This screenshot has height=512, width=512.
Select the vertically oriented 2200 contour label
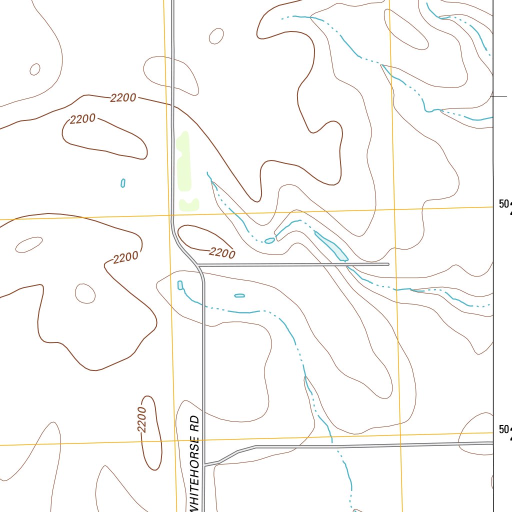[x=142, y=419]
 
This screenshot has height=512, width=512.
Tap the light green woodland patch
[x=184, y=170]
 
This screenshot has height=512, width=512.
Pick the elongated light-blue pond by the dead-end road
[x=330, y=245]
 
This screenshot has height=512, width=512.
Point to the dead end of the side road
[x=388, y=264]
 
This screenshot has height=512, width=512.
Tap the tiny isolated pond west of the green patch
[x=123, y=183]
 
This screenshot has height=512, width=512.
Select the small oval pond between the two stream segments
[x=269, y=240]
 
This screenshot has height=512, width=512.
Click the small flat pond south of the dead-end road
[x=239, y=295]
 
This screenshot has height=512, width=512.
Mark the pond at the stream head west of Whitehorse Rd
[x=180, y=285]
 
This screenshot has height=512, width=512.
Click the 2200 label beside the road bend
[x=222, y=253]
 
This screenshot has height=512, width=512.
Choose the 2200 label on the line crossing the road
[x=123, y=98]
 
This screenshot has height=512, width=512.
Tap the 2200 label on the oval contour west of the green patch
[x=82, y=119]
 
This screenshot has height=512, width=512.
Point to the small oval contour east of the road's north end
[x=216, y=36]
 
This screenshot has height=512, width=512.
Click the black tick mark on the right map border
[x=499, y=96]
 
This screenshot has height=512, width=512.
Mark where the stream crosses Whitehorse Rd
[x=203, y=304]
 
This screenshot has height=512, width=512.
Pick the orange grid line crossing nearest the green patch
[x=169, y=215]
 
